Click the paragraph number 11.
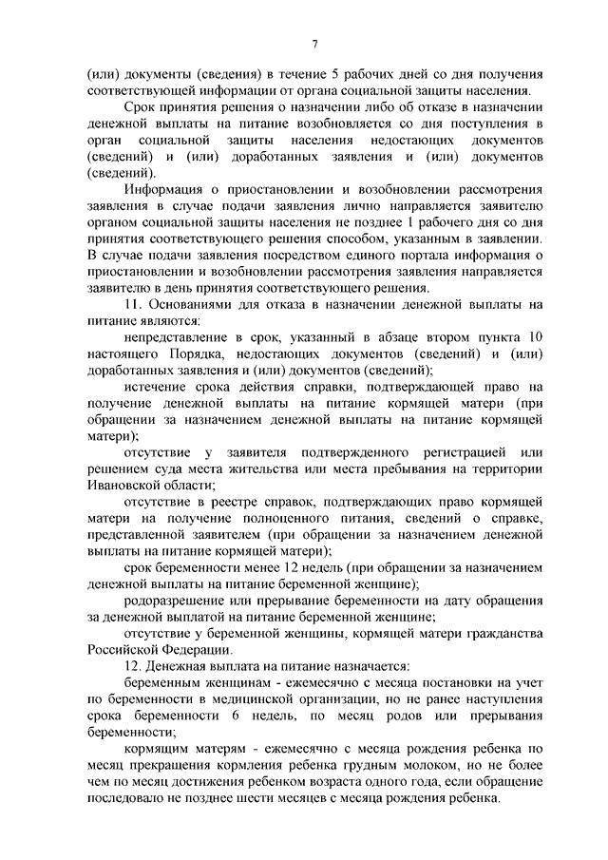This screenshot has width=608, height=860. coord(132,303)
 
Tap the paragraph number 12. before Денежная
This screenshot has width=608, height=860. coord(132,665)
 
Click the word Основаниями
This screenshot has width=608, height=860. coord(194,303)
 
